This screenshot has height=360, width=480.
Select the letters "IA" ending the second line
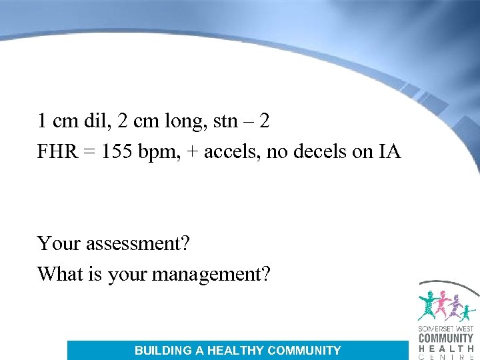(389, 153)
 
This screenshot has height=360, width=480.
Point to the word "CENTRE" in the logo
(446, 357)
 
